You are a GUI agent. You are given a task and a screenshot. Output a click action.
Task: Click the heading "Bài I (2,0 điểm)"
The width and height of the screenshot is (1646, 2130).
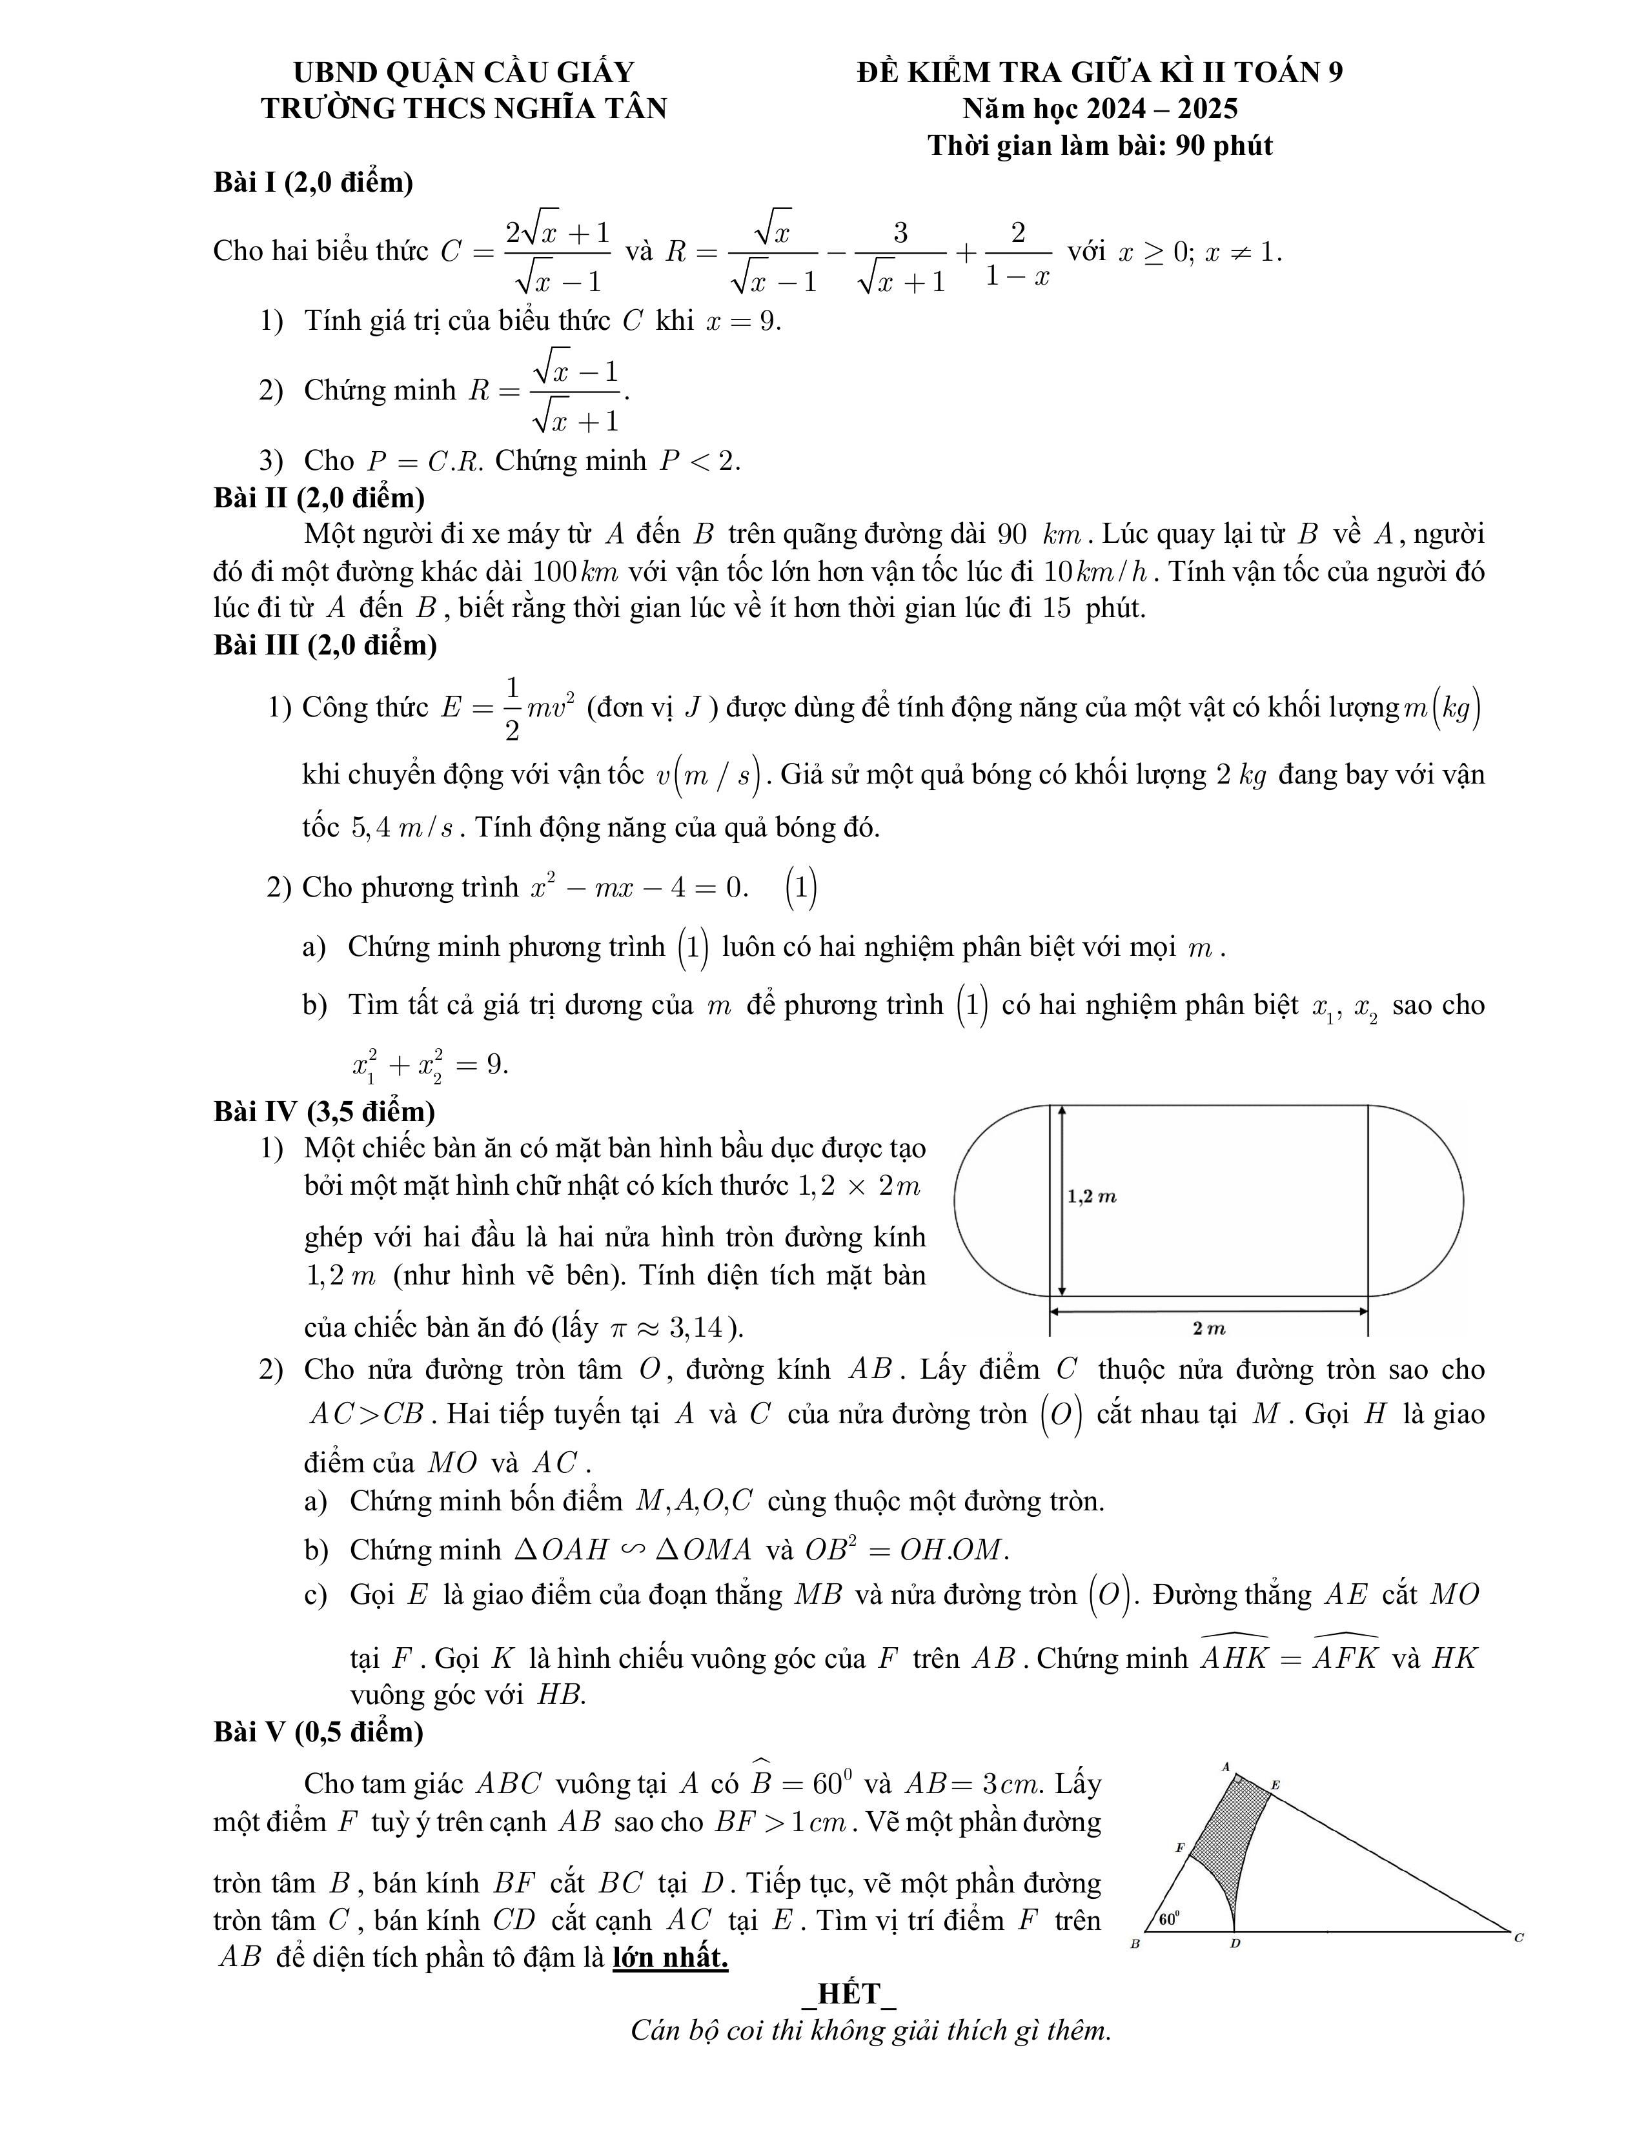[313, 183]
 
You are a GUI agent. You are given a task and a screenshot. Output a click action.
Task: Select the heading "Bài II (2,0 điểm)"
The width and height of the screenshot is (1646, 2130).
[319, 498]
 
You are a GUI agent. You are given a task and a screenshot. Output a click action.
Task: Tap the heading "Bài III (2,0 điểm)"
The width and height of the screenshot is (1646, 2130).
[325, 645]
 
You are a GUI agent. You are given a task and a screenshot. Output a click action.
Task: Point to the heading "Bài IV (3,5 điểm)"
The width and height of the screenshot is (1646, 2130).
[324, 1111]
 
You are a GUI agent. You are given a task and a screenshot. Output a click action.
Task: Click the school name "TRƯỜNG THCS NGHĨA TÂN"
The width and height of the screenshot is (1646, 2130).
[463, 108]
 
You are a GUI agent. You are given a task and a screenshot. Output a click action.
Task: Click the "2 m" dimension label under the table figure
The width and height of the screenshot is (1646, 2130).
[1209, 1328]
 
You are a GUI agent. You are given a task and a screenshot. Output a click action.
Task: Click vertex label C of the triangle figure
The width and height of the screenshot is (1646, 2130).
[1518, 1938]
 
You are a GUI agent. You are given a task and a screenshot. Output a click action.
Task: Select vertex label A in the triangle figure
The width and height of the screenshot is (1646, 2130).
[1226, 1766]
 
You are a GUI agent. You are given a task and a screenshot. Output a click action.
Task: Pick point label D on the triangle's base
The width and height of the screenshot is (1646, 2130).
[1234, 1943]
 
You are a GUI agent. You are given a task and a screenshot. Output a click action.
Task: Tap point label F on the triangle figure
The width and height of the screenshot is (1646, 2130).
[1179, 1847]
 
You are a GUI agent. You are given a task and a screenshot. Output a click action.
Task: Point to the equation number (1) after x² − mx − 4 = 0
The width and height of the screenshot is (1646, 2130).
[800, 888]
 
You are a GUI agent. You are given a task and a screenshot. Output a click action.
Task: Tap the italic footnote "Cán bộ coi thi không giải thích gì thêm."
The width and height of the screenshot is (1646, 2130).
[871, 2031]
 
